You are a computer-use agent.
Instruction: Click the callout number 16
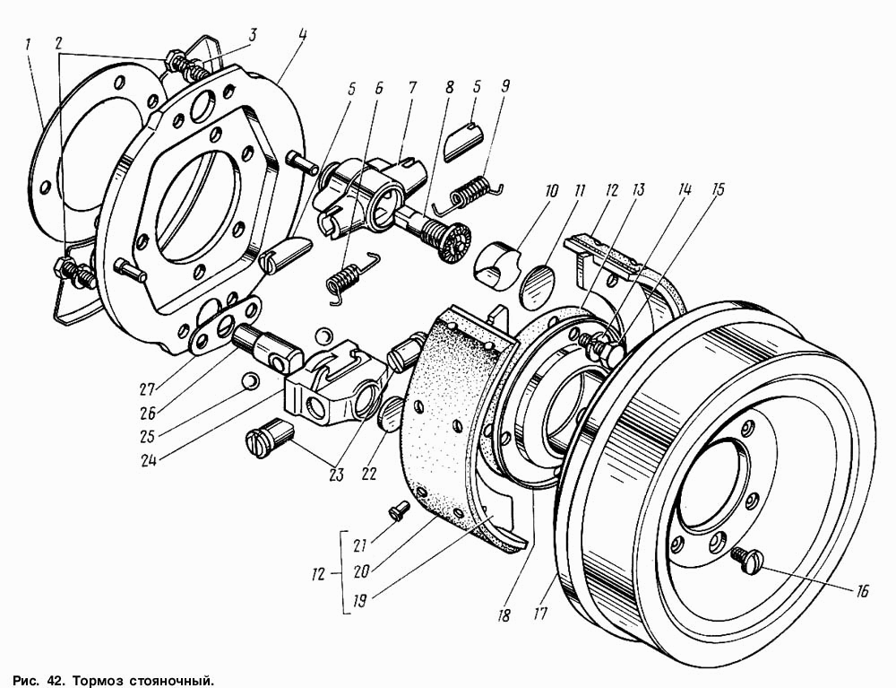[862, 591]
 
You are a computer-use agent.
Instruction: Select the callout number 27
[148, 390]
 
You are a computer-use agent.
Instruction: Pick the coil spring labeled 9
[470, 192]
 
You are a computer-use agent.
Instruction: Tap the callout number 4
[301, 35]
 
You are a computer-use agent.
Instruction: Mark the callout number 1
[28, 45]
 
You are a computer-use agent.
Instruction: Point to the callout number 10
[551, 191]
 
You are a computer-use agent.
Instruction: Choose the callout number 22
[369, 474]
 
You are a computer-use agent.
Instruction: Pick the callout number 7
[412, 88]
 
